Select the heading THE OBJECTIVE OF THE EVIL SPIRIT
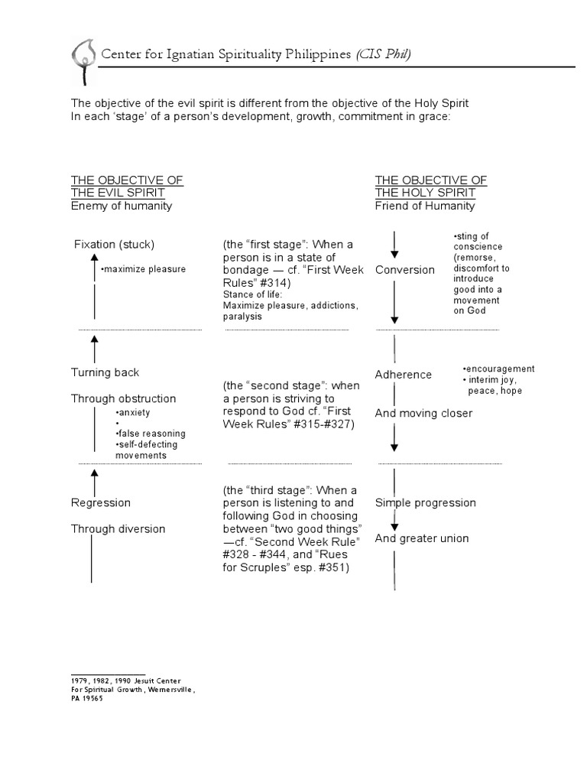(x=127, y=186)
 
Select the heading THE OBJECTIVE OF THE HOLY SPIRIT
(x=431, y=186)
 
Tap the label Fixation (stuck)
(x=114, y=245)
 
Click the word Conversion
(x=405, y=270)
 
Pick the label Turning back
(x=105, y=372)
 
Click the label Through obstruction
(x=124, y=398)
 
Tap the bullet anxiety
(x=134, y=413)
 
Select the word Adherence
(x=404, y=375)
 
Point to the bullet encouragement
(x=498, y=369)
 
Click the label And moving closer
(x=423, y=414)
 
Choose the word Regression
(x=101, y=503)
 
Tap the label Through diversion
(x=118, y=529)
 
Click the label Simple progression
(x=426, y=503)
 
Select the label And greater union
(x=422, y=538)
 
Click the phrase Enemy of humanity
(x=122, y=206)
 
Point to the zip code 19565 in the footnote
(x=92, y=698)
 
